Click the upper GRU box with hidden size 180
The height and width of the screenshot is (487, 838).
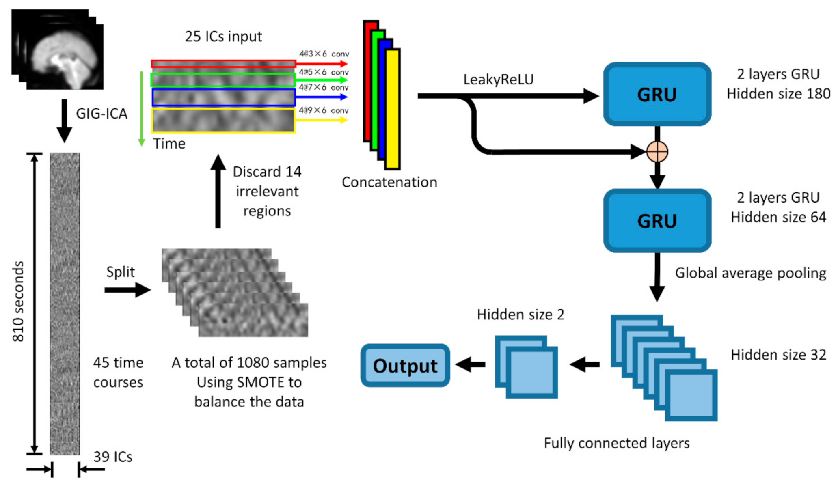657,95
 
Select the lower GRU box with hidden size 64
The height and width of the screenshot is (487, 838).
657,221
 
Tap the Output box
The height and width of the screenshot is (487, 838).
405,366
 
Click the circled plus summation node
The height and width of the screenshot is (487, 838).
657,152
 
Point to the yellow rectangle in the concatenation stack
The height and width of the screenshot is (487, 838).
393,109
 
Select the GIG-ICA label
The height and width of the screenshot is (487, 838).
102,114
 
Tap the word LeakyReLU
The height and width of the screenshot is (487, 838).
498,80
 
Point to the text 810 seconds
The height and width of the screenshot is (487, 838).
18,301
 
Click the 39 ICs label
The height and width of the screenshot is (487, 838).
113,457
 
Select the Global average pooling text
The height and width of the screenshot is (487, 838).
750,273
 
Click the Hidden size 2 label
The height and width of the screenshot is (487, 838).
520,315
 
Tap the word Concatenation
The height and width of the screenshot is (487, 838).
389,182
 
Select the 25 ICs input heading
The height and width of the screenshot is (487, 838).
223,37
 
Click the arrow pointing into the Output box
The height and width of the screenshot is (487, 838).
471,364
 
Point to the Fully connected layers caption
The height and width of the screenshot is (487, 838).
616,443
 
